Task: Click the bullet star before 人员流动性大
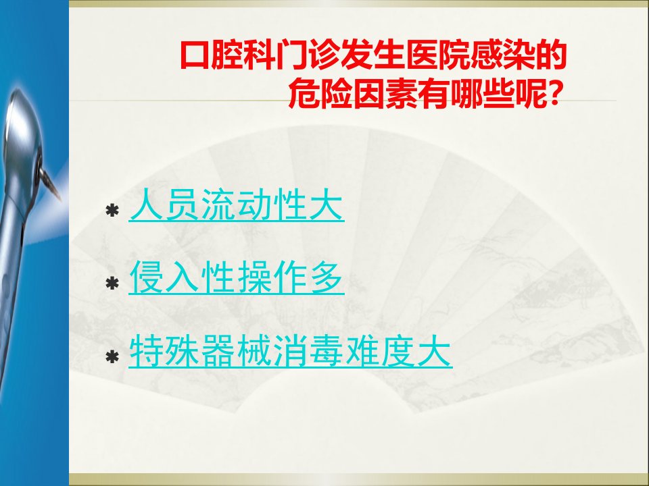pyautogui.click(x=112, y=211)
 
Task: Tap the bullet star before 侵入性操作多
pyautogui.click(x=112, y=284)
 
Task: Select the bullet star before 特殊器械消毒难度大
pyautogui.click(x=112, y=356)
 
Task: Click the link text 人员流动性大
pyautogui.click(x=237, y=205)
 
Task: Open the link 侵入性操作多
pyautogui.click(x=237, y=277)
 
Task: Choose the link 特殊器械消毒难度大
pyautogui.click(x=290, y=351)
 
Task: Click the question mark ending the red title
pyautogui.click(x=555, y=94)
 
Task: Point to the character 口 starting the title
pyautogui.click(x=195, y=55)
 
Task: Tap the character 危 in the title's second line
pyautogui.click(x=304, y=94)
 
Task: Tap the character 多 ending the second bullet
pyautogui.click(x=327, y=277)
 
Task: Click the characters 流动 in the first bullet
pyautogui.click(x=237, y=205)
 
